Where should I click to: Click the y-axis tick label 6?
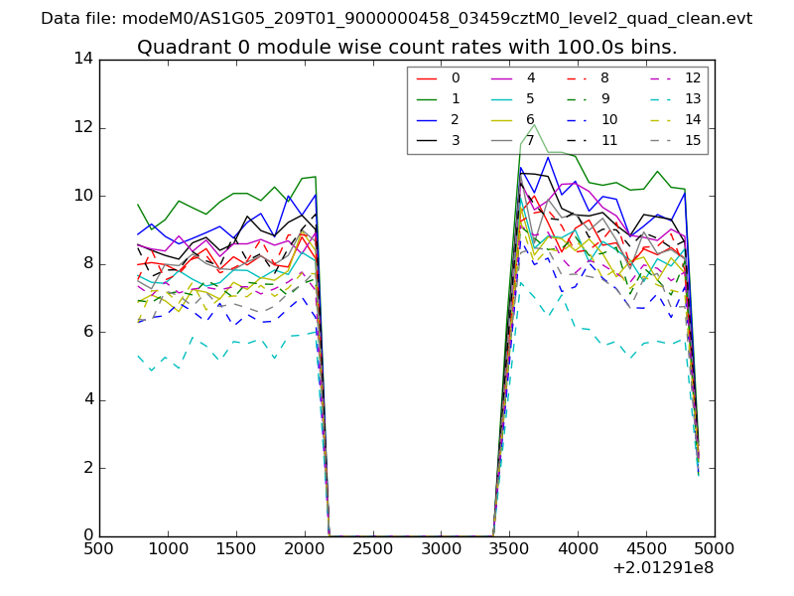click(87, 332)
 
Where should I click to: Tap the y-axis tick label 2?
click(87, 468)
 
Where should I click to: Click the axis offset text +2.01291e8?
click(663, 569)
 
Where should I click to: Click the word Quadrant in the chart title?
click(182, 48)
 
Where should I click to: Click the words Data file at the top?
click(76, 19)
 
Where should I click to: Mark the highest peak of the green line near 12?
click(534, 125)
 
